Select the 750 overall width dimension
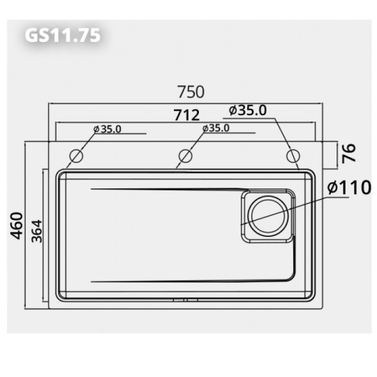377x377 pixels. [190, 91]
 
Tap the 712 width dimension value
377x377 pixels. [187, 114]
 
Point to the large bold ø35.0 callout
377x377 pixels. [248, 110]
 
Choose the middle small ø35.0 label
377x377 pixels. [216, 128]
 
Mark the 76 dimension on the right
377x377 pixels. [348, 153]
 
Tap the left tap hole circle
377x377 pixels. [76, 155]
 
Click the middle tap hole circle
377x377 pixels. [185, 155]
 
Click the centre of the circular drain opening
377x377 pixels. [267, 216]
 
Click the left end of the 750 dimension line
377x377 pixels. [48, 103]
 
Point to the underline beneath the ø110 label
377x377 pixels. [347, 199]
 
